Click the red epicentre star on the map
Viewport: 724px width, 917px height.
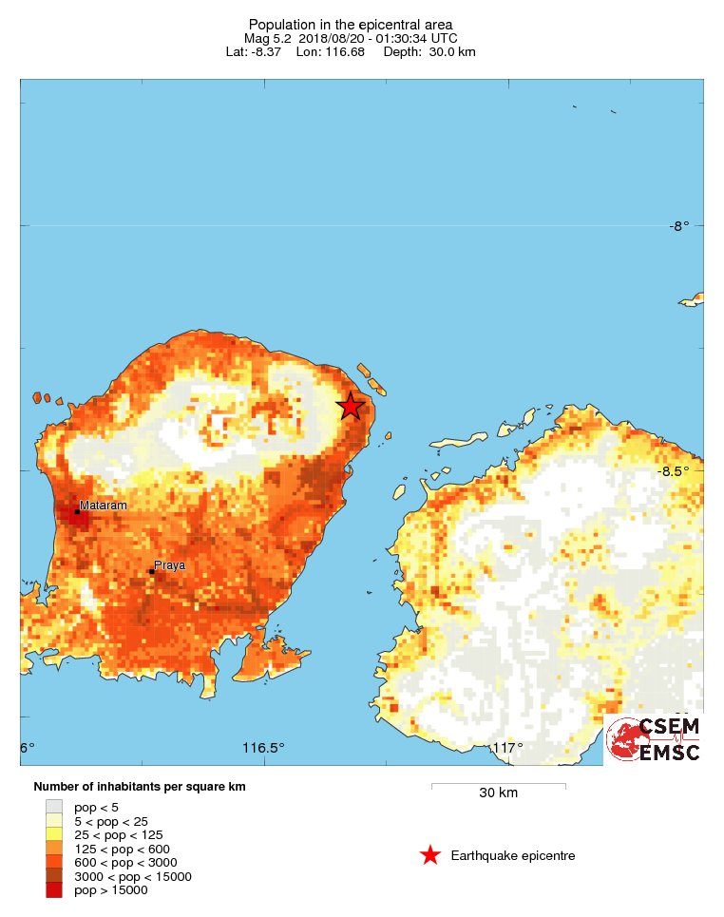(x=352, y=407)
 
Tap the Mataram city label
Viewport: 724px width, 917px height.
(x=103, y=506)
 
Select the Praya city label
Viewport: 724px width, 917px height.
(x=169, y=564)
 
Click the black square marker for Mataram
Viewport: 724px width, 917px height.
(x=77, y=512)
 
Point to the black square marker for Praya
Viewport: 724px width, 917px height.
(x=152, y=571)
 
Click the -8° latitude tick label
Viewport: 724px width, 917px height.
(x=678, y=226)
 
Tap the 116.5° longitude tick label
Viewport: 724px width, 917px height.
(x=263, y=748)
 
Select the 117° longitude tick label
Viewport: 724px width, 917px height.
(x=506, y=748)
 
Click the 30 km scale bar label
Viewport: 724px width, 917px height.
(x=498, y=793)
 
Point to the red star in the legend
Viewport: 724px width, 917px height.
(x=430, y=856)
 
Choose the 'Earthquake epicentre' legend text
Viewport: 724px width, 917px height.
(x=513, y=856)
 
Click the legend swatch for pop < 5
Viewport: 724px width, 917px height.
(x=53, y=807)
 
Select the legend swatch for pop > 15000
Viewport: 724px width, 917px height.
(x=53, y=890)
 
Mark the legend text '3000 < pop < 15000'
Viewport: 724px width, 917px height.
(x=133, y=876)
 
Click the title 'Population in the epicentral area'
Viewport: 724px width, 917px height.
(x=351, y=24)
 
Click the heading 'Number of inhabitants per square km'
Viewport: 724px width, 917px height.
(x=140, y=787)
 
